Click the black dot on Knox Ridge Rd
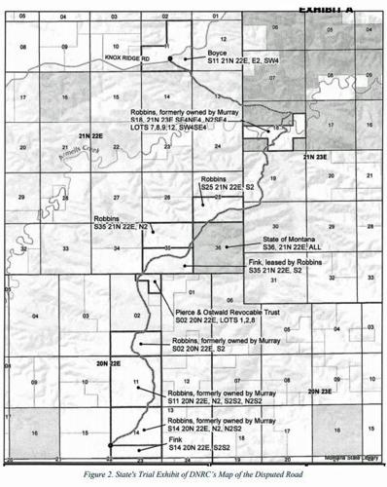170,58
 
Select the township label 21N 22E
90,133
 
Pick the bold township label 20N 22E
107,361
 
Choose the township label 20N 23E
320,390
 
